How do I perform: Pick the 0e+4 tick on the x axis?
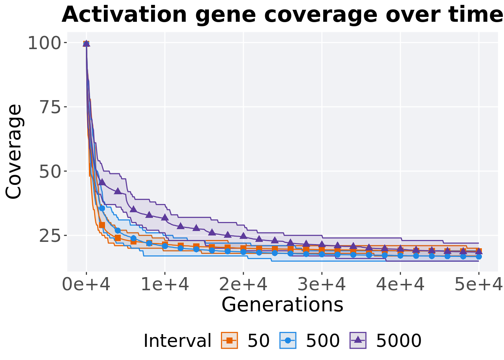pos(86,285)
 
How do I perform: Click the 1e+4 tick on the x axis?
pos(165,285)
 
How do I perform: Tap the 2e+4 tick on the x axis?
pos(243,285)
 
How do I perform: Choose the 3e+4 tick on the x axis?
pos(322,285)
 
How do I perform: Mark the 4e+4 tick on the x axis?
pos(400,285)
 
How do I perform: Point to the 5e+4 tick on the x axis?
pos(479,285)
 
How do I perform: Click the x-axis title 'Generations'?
pos(282,304)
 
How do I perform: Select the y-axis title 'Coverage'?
pos(14,151)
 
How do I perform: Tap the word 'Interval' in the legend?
pos(177,341)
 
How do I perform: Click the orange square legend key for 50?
pos(229,340)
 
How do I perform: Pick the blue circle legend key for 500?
pos(288,340)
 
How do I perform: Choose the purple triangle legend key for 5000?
pos(358,340)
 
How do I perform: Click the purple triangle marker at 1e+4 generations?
pos(165,217)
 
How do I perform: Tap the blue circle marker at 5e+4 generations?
pos(479,256)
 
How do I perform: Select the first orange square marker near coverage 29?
pos(102,225)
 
